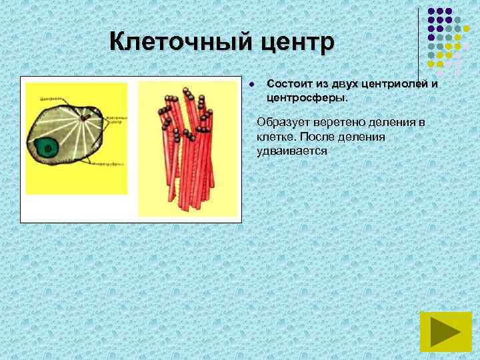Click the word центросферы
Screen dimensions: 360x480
(306, 97)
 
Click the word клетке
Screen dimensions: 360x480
(276, 137)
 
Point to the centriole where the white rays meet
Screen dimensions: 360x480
(85, 119)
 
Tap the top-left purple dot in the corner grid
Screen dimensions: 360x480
(431, 12)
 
